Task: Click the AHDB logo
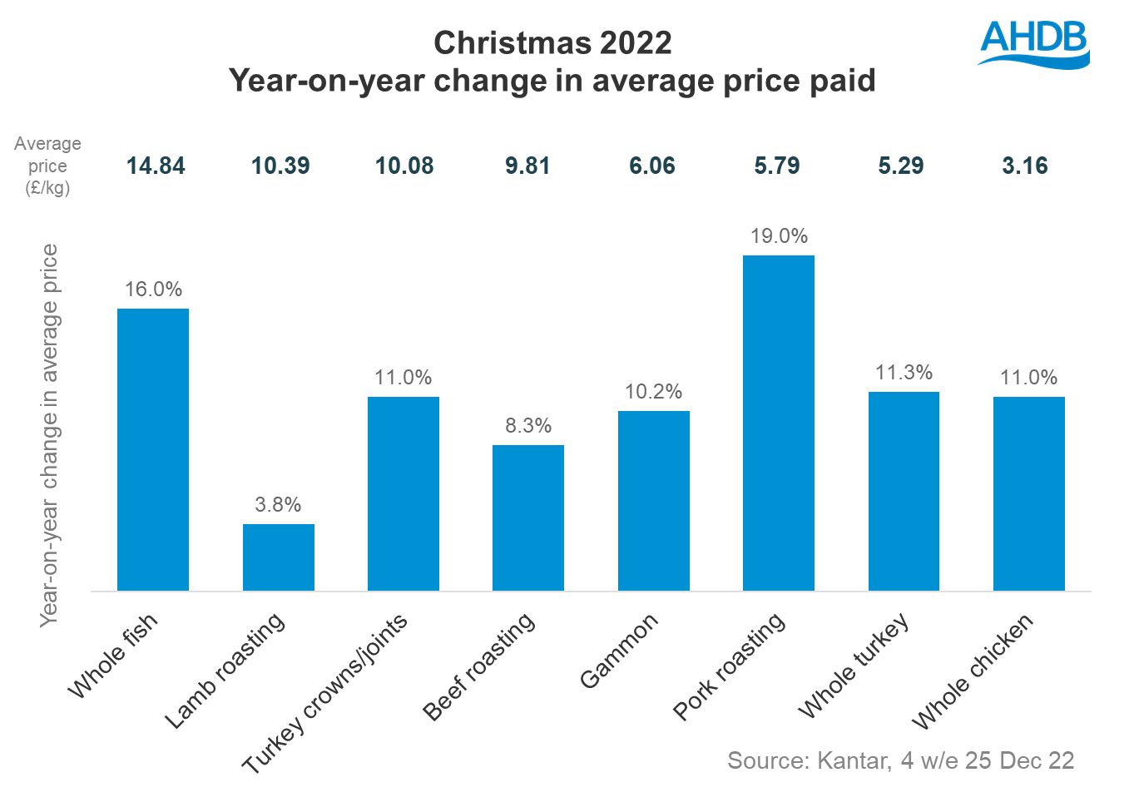pos(1033,42)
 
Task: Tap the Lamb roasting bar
pos(278,557)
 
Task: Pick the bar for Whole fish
pos(153,449)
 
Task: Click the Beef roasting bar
pos(527,517)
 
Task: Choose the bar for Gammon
pos(653,500)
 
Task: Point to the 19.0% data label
pos(779,236)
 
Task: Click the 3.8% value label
pos(278,505)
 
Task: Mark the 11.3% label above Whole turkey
pos(904,373)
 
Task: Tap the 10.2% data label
pos(653,392)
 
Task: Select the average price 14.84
pos(156,166)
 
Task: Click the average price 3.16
pos(1025,166)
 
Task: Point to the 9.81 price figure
pos(527,166)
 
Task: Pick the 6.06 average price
pos(652,166)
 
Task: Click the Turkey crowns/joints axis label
pos(325,692)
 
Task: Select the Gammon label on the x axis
pos(619,651)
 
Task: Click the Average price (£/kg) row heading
pos(47,166)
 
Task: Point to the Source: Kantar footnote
pos(900,760)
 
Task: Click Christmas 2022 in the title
pos(552,43)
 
